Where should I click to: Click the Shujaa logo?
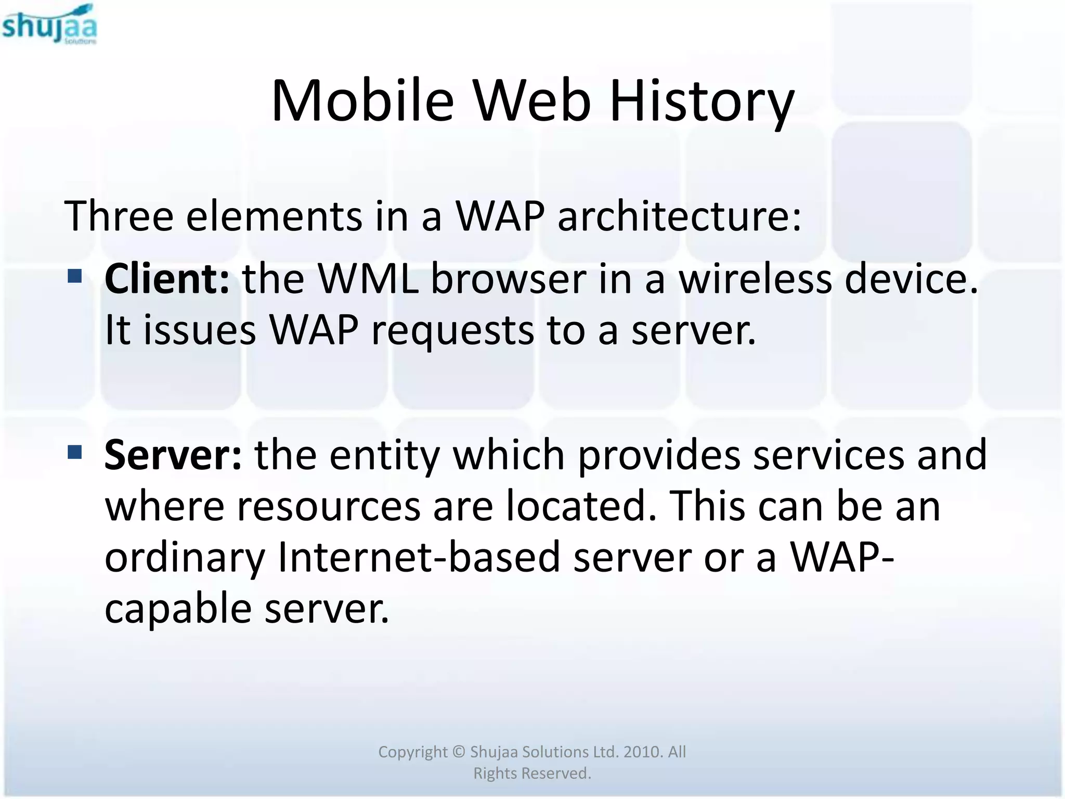(49, 24)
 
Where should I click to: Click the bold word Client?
(166, 279)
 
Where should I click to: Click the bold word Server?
(173, 455)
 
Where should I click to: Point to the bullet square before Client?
(75, 276)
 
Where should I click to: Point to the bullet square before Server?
(75, 452)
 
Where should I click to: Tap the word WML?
(368, 279)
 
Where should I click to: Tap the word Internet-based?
(419, 557)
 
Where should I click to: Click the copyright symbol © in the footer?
(458, 752)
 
